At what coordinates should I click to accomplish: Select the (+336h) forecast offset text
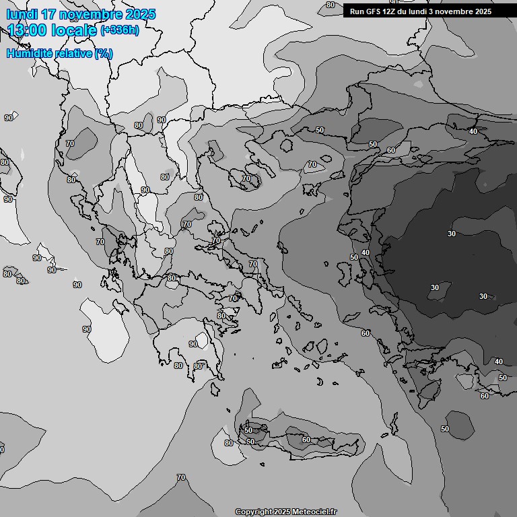tap(120, 30)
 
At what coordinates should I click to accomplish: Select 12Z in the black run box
tap(391, 11)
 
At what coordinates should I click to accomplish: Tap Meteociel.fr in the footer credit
tap(313, 512)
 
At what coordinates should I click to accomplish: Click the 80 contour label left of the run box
tap(330, 5)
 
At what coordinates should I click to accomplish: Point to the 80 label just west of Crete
tap(229, 443)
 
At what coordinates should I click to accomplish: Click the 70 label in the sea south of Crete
tap(181, 477)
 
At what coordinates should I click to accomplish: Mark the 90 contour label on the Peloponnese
tap(193, 344)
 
